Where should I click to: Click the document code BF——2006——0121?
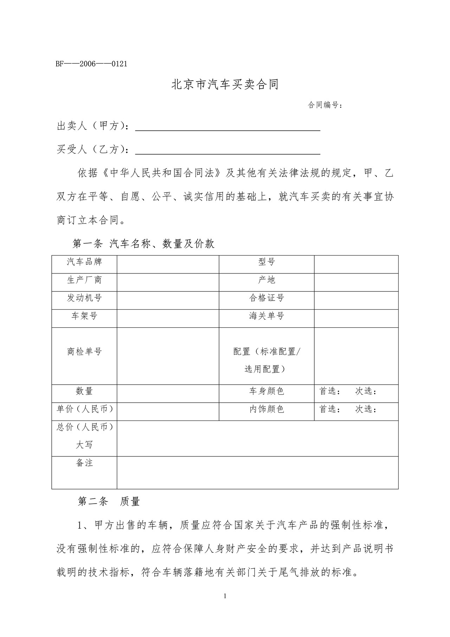91,64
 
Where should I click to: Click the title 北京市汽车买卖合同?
225,85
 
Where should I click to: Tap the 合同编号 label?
325,105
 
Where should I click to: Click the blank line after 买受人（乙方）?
227,151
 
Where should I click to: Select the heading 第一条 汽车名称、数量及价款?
143,244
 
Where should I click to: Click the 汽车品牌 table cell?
84,262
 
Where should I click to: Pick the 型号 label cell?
266,262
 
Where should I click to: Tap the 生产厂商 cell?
84,280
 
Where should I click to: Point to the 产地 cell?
266,280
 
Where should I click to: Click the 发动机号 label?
84,298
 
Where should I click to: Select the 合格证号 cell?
266,298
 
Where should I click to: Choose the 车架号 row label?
84,316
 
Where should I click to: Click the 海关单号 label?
266,316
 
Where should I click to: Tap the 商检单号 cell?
84,352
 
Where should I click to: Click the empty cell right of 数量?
168,393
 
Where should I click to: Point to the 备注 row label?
84,463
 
